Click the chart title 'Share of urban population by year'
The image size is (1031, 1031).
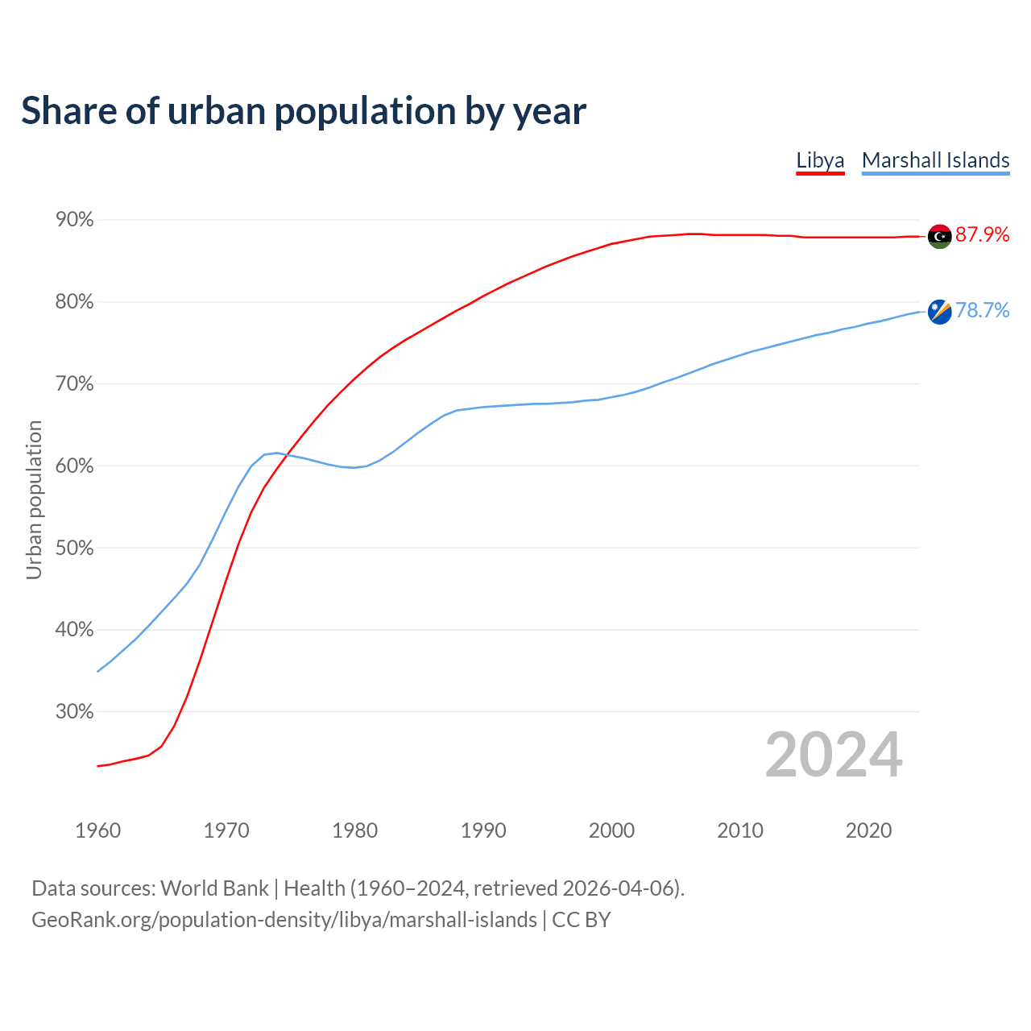[304, 111]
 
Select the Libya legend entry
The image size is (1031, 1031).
[820, 160]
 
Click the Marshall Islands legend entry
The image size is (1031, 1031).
[935, 160]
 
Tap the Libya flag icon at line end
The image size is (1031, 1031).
[940, 236]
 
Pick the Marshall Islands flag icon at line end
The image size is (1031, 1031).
[940, 312]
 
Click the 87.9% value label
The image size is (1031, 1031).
[982, 234]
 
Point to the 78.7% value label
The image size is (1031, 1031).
[982, 311]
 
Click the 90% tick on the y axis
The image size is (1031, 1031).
[74, 220]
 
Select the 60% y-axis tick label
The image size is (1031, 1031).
[74, 466]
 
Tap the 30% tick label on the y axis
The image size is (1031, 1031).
[74, 712]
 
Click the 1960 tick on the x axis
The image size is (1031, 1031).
[97, 830]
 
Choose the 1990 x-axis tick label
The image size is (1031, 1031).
[483, 830]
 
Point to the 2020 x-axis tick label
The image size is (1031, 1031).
[868, 830]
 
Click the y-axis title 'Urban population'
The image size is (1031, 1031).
[34, 499]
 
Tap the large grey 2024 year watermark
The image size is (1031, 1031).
[834, 756]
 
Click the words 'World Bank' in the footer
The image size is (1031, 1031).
[214, 888]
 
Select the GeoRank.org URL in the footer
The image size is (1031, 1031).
[284, 920]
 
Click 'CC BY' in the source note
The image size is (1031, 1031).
[582, 920]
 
